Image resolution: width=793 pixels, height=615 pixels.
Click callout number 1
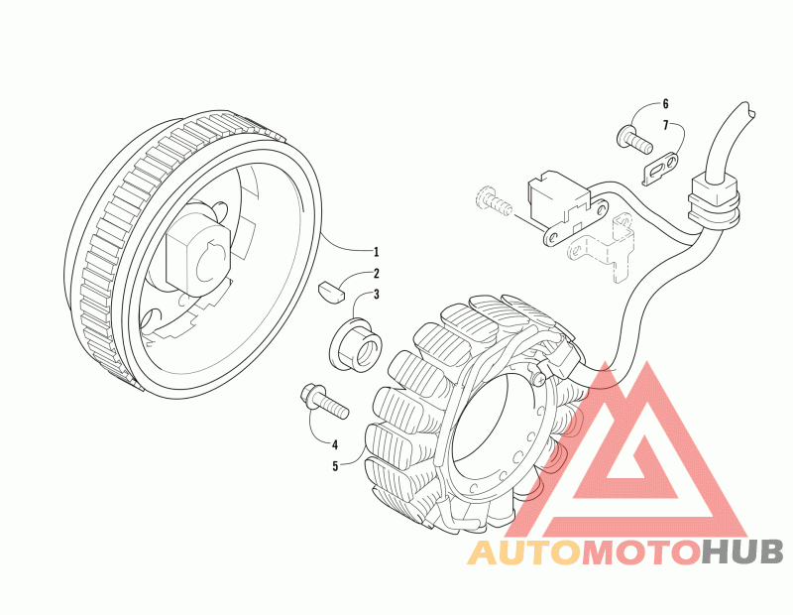[x=376, y=251]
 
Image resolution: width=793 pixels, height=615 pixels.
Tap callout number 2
[x=376, y=273]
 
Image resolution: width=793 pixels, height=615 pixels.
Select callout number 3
[x=376, y=295]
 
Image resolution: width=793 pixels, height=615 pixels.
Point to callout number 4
[x=335, y=444]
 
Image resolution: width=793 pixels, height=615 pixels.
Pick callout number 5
[x=335, y=464]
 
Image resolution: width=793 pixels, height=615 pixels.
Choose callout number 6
[x=664, y=104]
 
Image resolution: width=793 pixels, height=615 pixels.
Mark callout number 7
[x=664, y=125]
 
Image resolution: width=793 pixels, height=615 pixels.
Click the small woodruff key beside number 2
[x=332, y=292]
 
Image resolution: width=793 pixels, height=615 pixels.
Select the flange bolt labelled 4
[x=319, y=402]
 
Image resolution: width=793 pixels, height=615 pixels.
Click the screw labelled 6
[x=635, y=138]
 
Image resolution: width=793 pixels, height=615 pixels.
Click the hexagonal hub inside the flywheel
[x=201, y=254]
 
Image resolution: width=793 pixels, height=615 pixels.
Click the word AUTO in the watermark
[x=523, y=553]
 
